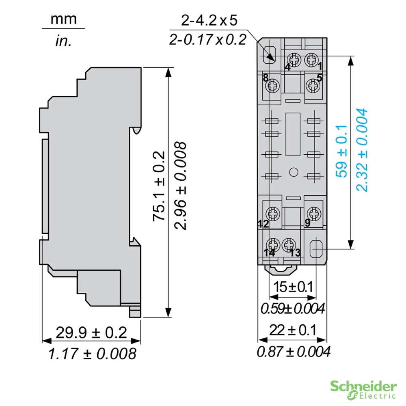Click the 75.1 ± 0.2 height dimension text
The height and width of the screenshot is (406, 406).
tap(159, 186)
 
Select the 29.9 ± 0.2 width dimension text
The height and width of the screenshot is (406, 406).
tap(91, 333)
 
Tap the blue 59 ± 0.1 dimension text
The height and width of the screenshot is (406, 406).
tap(341, 151)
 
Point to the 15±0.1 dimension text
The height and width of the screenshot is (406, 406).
tap(293, 287)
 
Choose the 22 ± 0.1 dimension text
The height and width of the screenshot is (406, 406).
tap(293, 330)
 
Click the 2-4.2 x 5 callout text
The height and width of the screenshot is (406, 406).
tap(209, 20)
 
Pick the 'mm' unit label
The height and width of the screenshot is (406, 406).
tap(64, 19)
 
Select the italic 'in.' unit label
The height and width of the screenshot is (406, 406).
tap(63, 41)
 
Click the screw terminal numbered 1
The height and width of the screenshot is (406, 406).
tap(311, 60)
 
